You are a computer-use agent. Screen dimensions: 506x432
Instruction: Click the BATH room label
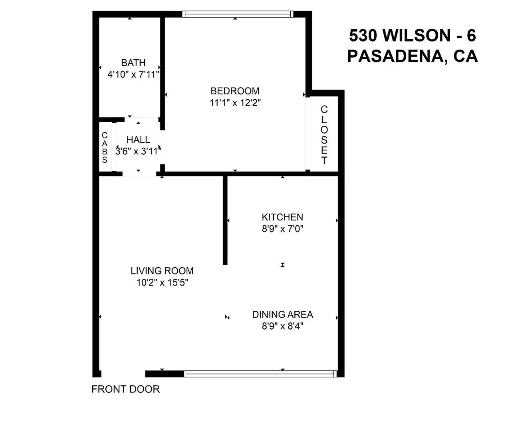pos(133,63)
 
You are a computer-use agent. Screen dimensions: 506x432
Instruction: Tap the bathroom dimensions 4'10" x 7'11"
pos(134,74)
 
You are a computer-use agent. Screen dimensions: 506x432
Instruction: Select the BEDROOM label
pos(235,91)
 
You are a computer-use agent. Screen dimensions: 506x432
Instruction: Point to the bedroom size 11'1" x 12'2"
pos(235,103)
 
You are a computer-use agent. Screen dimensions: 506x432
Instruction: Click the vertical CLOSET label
pos(324,135)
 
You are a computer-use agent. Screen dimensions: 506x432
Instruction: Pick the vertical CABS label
pos(105,148)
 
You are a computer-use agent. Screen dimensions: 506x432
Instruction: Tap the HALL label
pos(138,140)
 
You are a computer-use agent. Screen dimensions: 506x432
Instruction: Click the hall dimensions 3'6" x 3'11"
pos(138,151)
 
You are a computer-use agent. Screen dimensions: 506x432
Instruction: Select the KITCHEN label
pos(282,217)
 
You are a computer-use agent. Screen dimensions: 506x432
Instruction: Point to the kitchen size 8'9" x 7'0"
pos(282,229)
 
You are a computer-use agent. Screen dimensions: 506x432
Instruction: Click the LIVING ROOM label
pos(162,271)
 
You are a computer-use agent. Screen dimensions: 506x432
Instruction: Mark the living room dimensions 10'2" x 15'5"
pos(162,282)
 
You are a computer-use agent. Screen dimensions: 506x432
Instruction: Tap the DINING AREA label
pos(282,314)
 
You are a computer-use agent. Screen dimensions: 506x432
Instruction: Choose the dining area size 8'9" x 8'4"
pos(282,326)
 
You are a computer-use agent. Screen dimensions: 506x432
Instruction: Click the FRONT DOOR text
pos(125,389)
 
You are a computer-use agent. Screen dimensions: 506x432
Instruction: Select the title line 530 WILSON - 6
pos(413,36)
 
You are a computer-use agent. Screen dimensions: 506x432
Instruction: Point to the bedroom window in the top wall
pos(238,14)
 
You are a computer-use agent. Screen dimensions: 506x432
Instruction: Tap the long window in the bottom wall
pos(260,374)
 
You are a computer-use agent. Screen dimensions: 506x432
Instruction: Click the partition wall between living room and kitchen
pos(225,220)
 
